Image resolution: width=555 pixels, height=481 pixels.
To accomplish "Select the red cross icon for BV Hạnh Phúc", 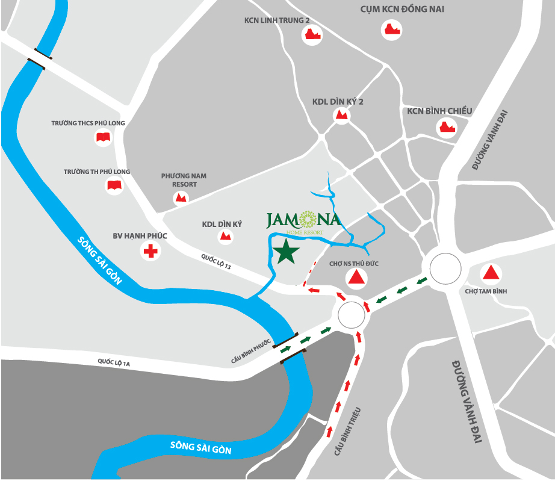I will point(150,251).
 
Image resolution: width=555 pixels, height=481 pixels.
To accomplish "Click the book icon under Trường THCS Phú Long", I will point(103,138).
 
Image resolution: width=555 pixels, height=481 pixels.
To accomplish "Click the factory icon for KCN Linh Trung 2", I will point(311,35).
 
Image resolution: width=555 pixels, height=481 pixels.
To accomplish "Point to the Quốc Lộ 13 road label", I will point(216,263).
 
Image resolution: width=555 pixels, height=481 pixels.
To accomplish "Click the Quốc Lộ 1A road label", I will point(114,362).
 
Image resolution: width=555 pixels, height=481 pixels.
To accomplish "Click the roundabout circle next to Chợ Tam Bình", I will point(447,268).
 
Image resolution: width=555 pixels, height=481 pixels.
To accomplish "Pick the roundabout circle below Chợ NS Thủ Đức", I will point(351,314).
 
